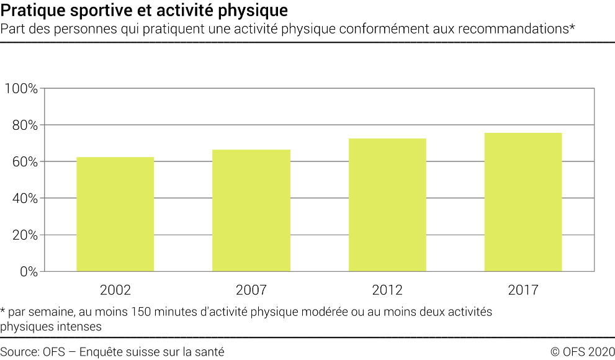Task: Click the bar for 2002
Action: coord(115,214)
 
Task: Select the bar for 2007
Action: coord(251,210)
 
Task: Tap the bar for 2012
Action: coord(387,205)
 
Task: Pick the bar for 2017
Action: coord(523,202)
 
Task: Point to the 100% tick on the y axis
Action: coord(21,89)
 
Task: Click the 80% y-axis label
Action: coord(24,125)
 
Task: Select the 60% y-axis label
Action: coord(24,162)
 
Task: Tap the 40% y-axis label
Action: coord(24,199)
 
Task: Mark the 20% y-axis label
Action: coord(24,235)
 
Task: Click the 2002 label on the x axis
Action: coord(115,290)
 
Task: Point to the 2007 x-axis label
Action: coord(251,290)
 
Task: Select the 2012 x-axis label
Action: coord(387,290)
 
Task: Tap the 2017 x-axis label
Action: coord(523,290)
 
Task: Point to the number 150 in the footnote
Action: coord(140,312)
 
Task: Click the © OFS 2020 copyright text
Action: coord(582,352)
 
